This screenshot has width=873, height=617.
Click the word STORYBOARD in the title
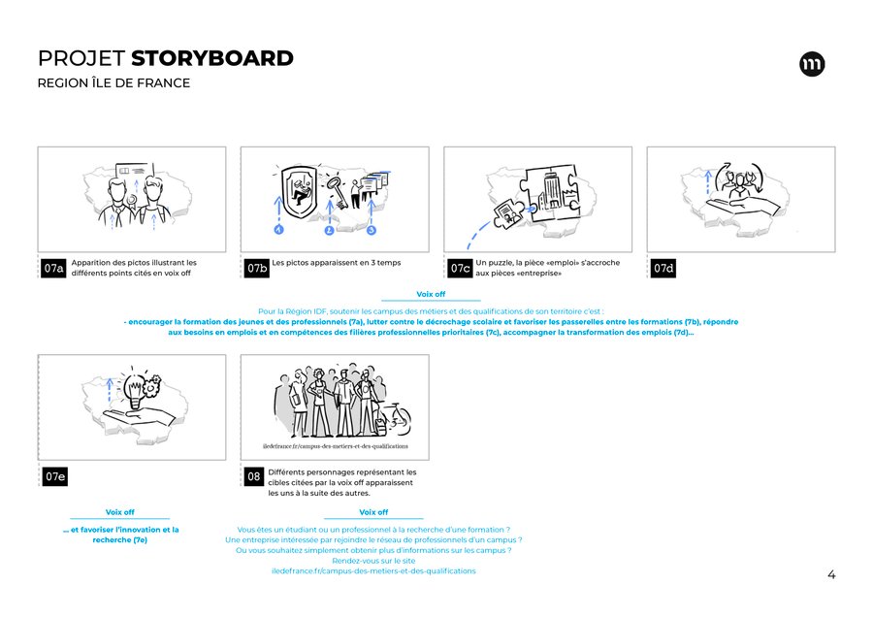tap(212, 58)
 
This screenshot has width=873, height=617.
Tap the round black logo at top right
tap(812, 64)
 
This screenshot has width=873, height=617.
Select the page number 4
tap(831, 574)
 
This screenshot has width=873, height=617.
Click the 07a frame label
tap(53, 268)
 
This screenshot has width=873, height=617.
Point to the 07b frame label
tap(257, 268)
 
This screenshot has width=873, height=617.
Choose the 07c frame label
tap(460, 268)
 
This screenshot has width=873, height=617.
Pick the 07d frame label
tap(663, 268)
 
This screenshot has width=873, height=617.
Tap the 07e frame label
tap(55, 476)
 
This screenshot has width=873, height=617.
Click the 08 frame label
tap(253, 476)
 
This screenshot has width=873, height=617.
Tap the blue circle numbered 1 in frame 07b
tap(279, 229)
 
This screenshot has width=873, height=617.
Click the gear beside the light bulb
tap(152, 385)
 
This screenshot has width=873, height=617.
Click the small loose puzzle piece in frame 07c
tap(508, 213)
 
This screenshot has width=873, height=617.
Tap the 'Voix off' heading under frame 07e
tap(119, 512)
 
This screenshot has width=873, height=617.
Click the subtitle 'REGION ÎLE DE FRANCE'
tap(113, 83)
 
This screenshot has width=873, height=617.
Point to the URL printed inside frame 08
tap(336, 446)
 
